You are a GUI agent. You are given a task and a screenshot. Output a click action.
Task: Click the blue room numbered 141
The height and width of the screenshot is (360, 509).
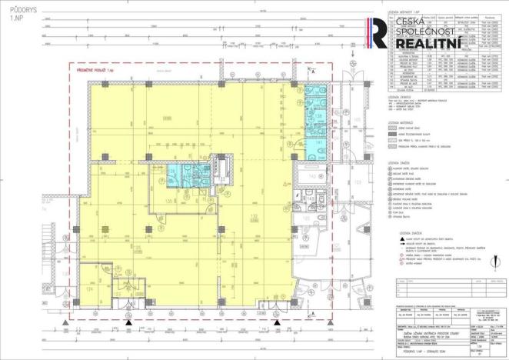318,143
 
